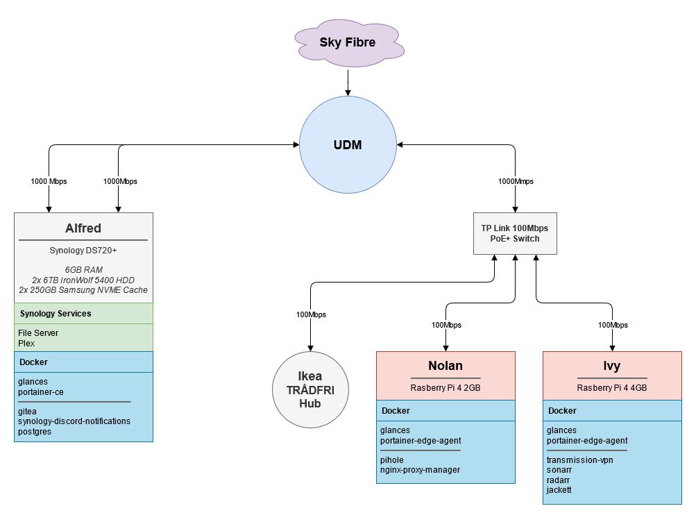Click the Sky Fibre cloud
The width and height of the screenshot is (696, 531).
[x=347, y=43]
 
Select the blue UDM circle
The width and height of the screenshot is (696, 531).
[x=347, y=145]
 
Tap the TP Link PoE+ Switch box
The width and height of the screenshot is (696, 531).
[x=515, y=233]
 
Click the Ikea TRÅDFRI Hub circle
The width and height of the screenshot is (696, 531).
[x=310, y=390]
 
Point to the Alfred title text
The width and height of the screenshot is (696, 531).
[x=83, y=228]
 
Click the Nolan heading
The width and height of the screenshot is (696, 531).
[x=445, y=366]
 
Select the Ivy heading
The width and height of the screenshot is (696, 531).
[x=611, y=366]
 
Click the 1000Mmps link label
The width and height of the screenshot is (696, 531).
[x=516, y=182]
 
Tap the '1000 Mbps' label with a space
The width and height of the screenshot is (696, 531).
[x=49, y=182]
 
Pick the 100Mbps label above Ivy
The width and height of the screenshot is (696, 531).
[x=612, y=325]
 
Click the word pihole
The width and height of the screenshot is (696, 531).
[x=391, y=460]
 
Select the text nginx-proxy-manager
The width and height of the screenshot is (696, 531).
[x=420, y=470]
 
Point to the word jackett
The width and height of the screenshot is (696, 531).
[x=560, y=490]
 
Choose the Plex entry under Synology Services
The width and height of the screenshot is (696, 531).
[x=26, y=343]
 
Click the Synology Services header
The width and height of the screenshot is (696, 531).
[x=55, y=314]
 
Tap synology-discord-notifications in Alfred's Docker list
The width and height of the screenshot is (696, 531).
[x=74, y=421]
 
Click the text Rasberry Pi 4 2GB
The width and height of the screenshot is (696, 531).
[x=445, y=388]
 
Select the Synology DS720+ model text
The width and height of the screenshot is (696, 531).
[x=83, y=251]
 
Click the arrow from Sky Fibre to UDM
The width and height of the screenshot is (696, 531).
[x=347, y=83]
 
